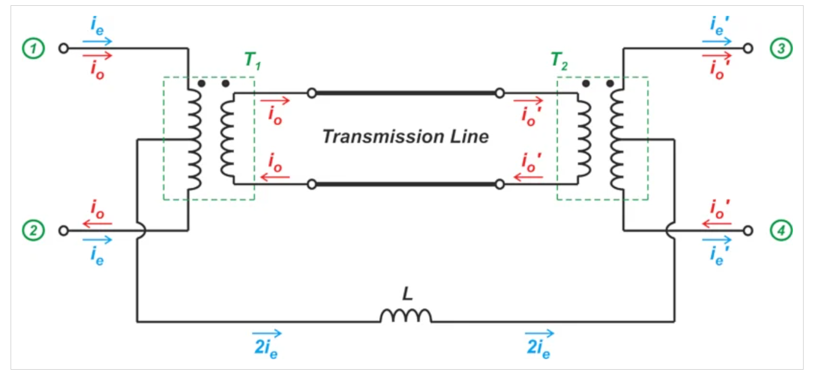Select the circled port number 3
[x=781, y=49]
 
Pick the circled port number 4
[x=781, y=231]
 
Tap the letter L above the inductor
[x=406, y=291]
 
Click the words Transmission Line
[x=405, y=137]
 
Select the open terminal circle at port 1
[x=64, y=49]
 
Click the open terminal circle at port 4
[x=748, y=231]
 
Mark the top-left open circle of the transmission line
[x=312, y=93]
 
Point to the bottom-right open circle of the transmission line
[x=500, y=184]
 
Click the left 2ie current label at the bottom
[x=265, y=344]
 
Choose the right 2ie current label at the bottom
[x=535, y=344]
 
